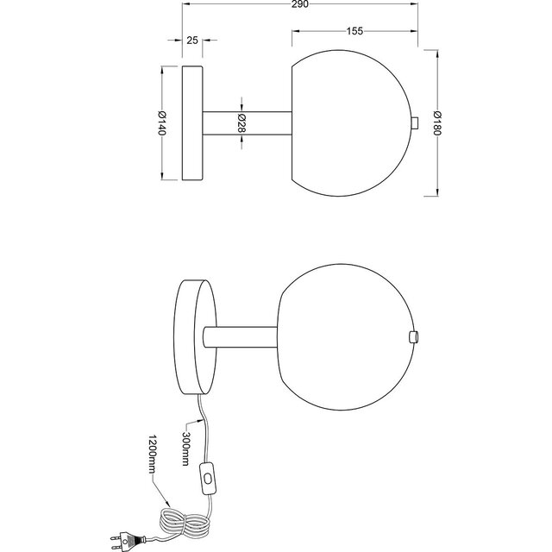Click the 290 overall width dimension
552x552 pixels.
(x=300, y=6)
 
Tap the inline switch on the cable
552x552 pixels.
(x=208, y=477)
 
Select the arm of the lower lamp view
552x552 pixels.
(x=241, y=336)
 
